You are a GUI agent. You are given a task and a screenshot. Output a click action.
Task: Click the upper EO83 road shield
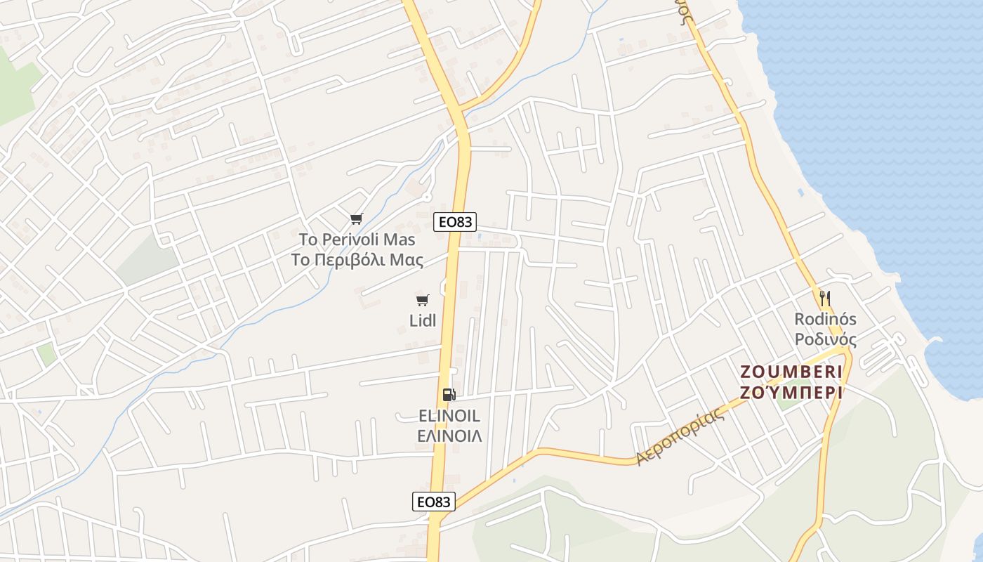point(455,222)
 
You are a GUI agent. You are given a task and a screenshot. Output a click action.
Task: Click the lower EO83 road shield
point(433,502)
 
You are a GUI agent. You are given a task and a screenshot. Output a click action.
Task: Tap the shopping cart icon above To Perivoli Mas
point(357,219)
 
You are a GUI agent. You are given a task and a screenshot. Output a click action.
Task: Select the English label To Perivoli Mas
point(357,239)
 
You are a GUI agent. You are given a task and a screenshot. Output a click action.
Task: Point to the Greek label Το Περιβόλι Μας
point(357,261)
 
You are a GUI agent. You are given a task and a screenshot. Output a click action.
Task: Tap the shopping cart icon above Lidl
point(422,301)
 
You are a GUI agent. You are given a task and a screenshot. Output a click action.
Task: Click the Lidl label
point(422,320)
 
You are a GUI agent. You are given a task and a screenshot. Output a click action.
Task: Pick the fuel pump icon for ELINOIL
point(449,395)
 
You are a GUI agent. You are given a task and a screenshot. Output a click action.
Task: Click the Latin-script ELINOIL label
point(449,416)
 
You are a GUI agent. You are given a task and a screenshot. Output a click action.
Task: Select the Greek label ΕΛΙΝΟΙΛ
point(449,436)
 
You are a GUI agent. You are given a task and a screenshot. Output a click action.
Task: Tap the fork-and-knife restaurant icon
point(825,299)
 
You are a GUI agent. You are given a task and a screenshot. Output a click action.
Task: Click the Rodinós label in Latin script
point(825,319)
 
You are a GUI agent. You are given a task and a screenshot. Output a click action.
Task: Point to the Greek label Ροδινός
point(825,340)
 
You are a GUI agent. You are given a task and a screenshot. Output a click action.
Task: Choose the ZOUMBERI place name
point(791,372)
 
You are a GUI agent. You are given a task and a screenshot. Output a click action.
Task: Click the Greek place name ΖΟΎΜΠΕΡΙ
point(791,393)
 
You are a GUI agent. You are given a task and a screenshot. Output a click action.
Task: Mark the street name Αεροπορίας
point(679,438)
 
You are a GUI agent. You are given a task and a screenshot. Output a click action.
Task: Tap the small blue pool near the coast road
point(800,192)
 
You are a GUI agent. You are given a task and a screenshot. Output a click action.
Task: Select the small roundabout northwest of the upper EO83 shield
point(425,195)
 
